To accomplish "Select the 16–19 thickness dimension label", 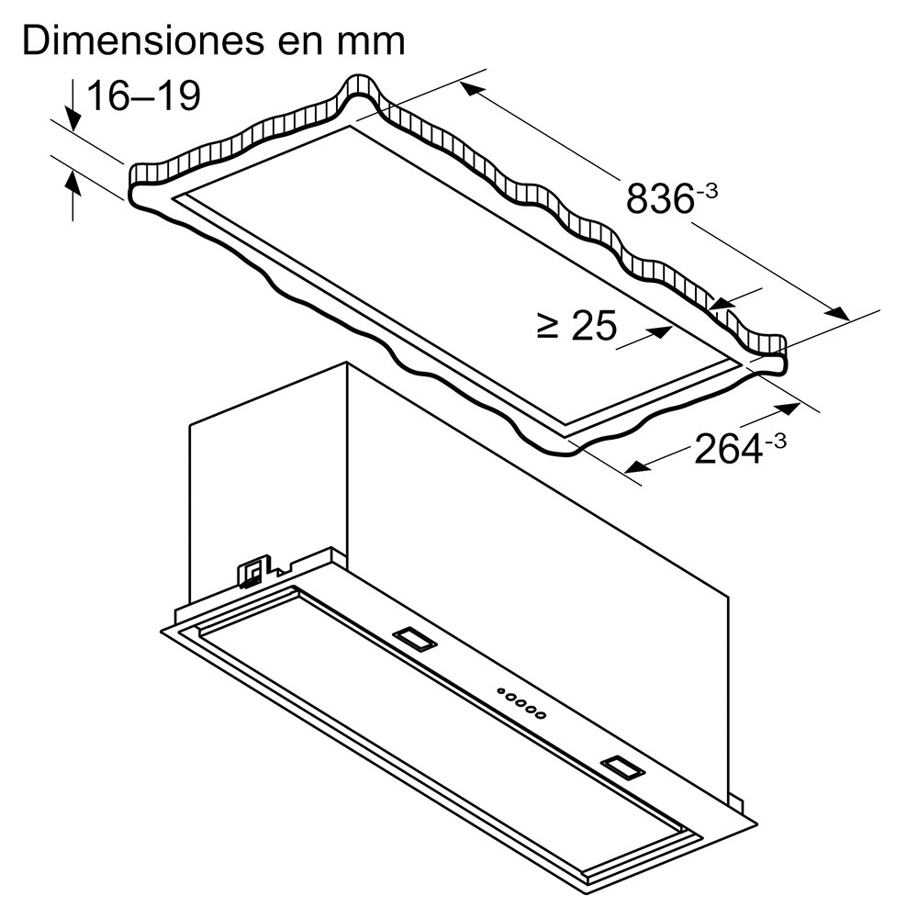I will (142, 95).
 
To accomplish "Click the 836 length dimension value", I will (658, 197).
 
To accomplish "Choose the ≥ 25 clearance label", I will (576, 325).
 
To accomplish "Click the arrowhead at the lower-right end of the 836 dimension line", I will (836, 314).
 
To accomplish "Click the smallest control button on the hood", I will (500, 691).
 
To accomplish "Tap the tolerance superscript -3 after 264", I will (775, 441).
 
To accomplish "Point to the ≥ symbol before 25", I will (548, 325).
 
